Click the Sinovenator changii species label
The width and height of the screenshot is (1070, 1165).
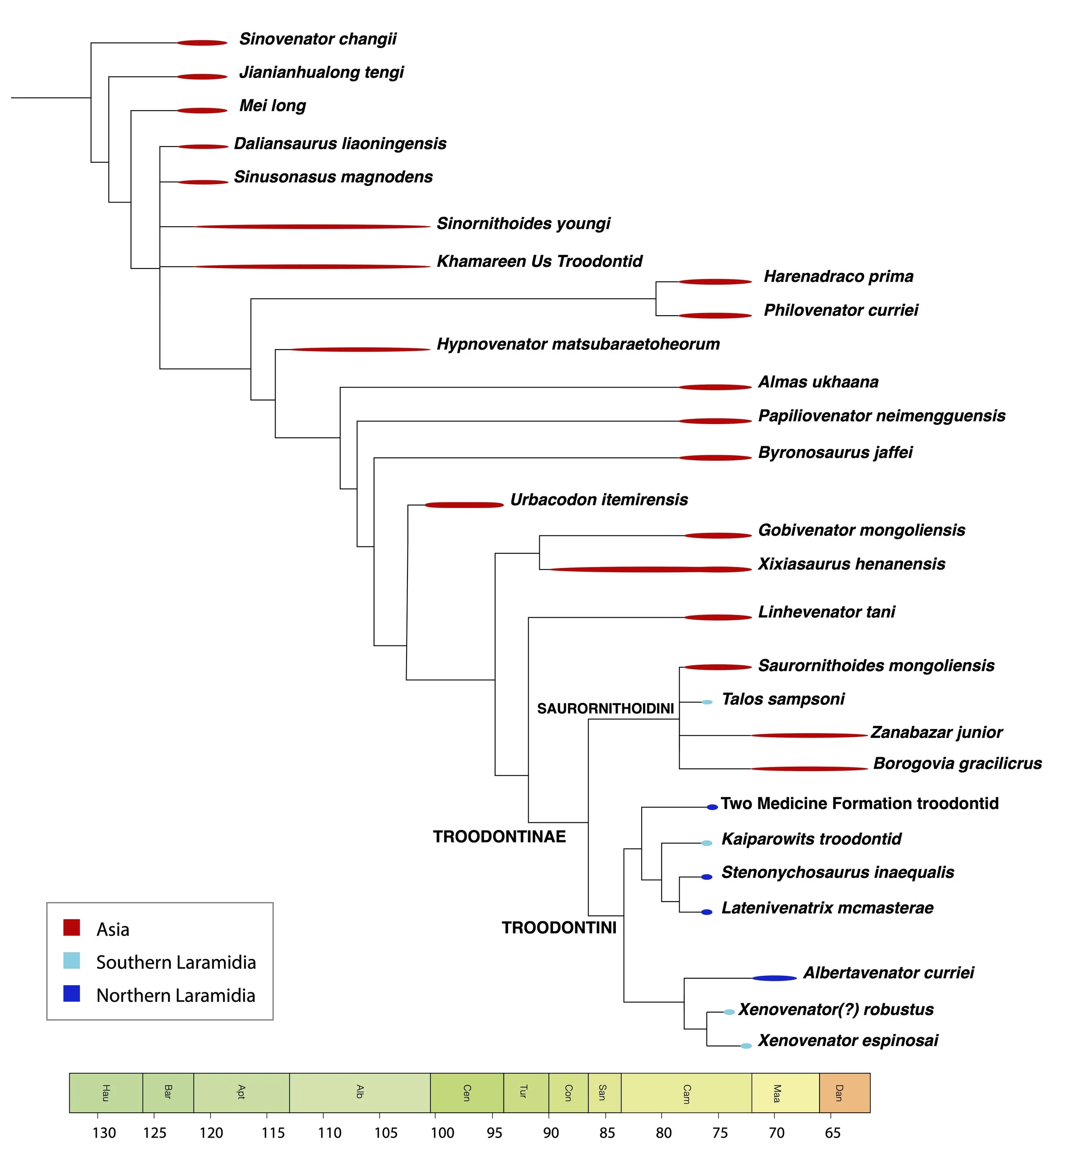click(318, 39)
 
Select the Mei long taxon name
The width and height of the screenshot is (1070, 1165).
click(273, 106)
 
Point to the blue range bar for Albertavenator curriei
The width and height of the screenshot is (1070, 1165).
click(774, 978)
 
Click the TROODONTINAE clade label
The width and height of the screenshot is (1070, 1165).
click(499, 837)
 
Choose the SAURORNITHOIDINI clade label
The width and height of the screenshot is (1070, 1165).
click(605, 708)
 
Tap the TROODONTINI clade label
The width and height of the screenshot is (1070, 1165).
click(559, 928)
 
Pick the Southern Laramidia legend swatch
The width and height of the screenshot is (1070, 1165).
click(72, 961)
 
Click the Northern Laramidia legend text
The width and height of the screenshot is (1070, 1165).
click(175, 995)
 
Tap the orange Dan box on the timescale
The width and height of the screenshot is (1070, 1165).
click(844, 1093)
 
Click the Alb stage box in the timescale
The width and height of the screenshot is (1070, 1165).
click(360, 1093)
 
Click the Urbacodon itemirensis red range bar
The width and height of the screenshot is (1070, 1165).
click(464, 505)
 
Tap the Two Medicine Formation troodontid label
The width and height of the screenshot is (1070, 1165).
click(859, 804)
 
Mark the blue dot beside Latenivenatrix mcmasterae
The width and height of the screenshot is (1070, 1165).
click(706, 912)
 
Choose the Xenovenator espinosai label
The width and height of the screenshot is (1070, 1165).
click(848, 1041)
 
